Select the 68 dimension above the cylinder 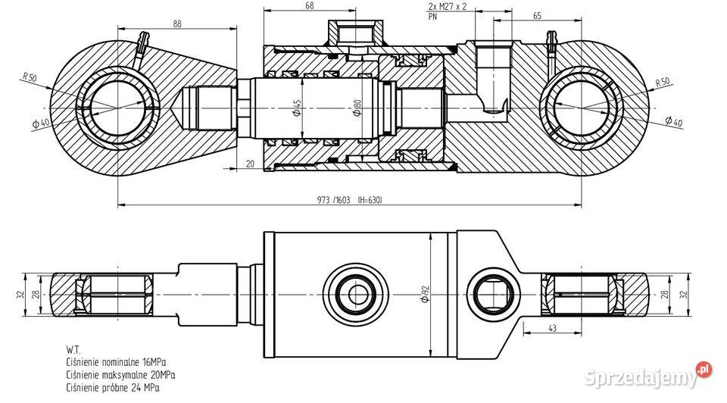(289, 5)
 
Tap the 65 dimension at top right (515, 14)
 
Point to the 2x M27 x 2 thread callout (447, 5)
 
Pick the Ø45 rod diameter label (297, 108)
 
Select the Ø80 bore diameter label (356, 108)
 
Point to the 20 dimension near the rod (251, 163)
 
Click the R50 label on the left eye (30, 77)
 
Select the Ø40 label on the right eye (672, 121)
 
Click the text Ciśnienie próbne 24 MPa (114, 387)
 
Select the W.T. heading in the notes (74, 351)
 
